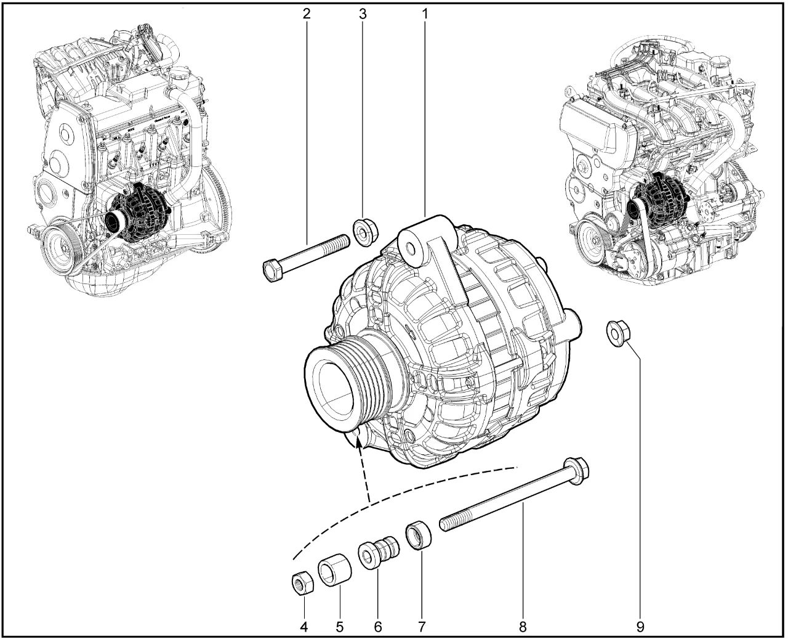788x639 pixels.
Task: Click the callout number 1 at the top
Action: click(x=425, y=14)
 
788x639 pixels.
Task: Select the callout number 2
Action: click(x=307, y=14)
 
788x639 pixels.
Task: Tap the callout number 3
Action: click(x=363, y=14)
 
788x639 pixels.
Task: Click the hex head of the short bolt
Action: click(x=273, y=271)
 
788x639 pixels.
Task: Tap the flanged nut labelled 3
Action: click(x=366, y=232)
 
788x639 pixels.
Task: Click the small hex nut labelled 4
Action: click(x=303, y=584)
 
